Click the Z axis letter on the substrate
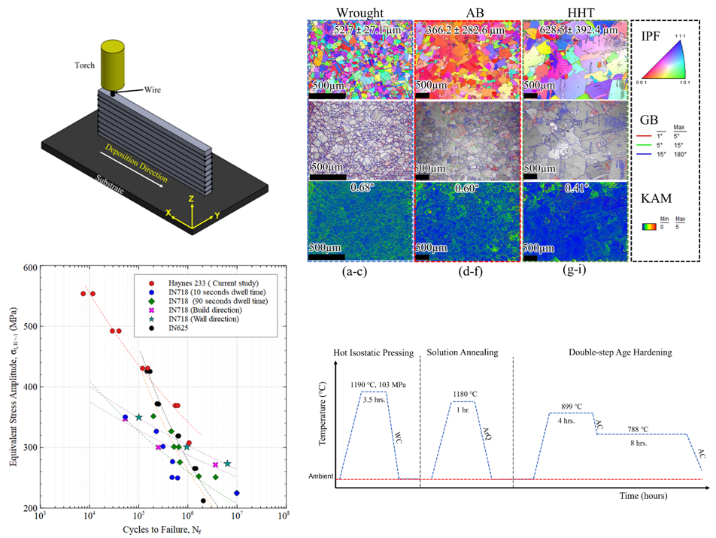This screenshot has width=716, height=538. click(x=193, y=198)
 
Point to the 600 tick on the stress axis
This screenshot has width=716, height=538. click(x=30, y=267)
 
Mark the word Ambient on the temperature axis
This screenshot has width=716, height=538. click(x=321, y=477)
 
